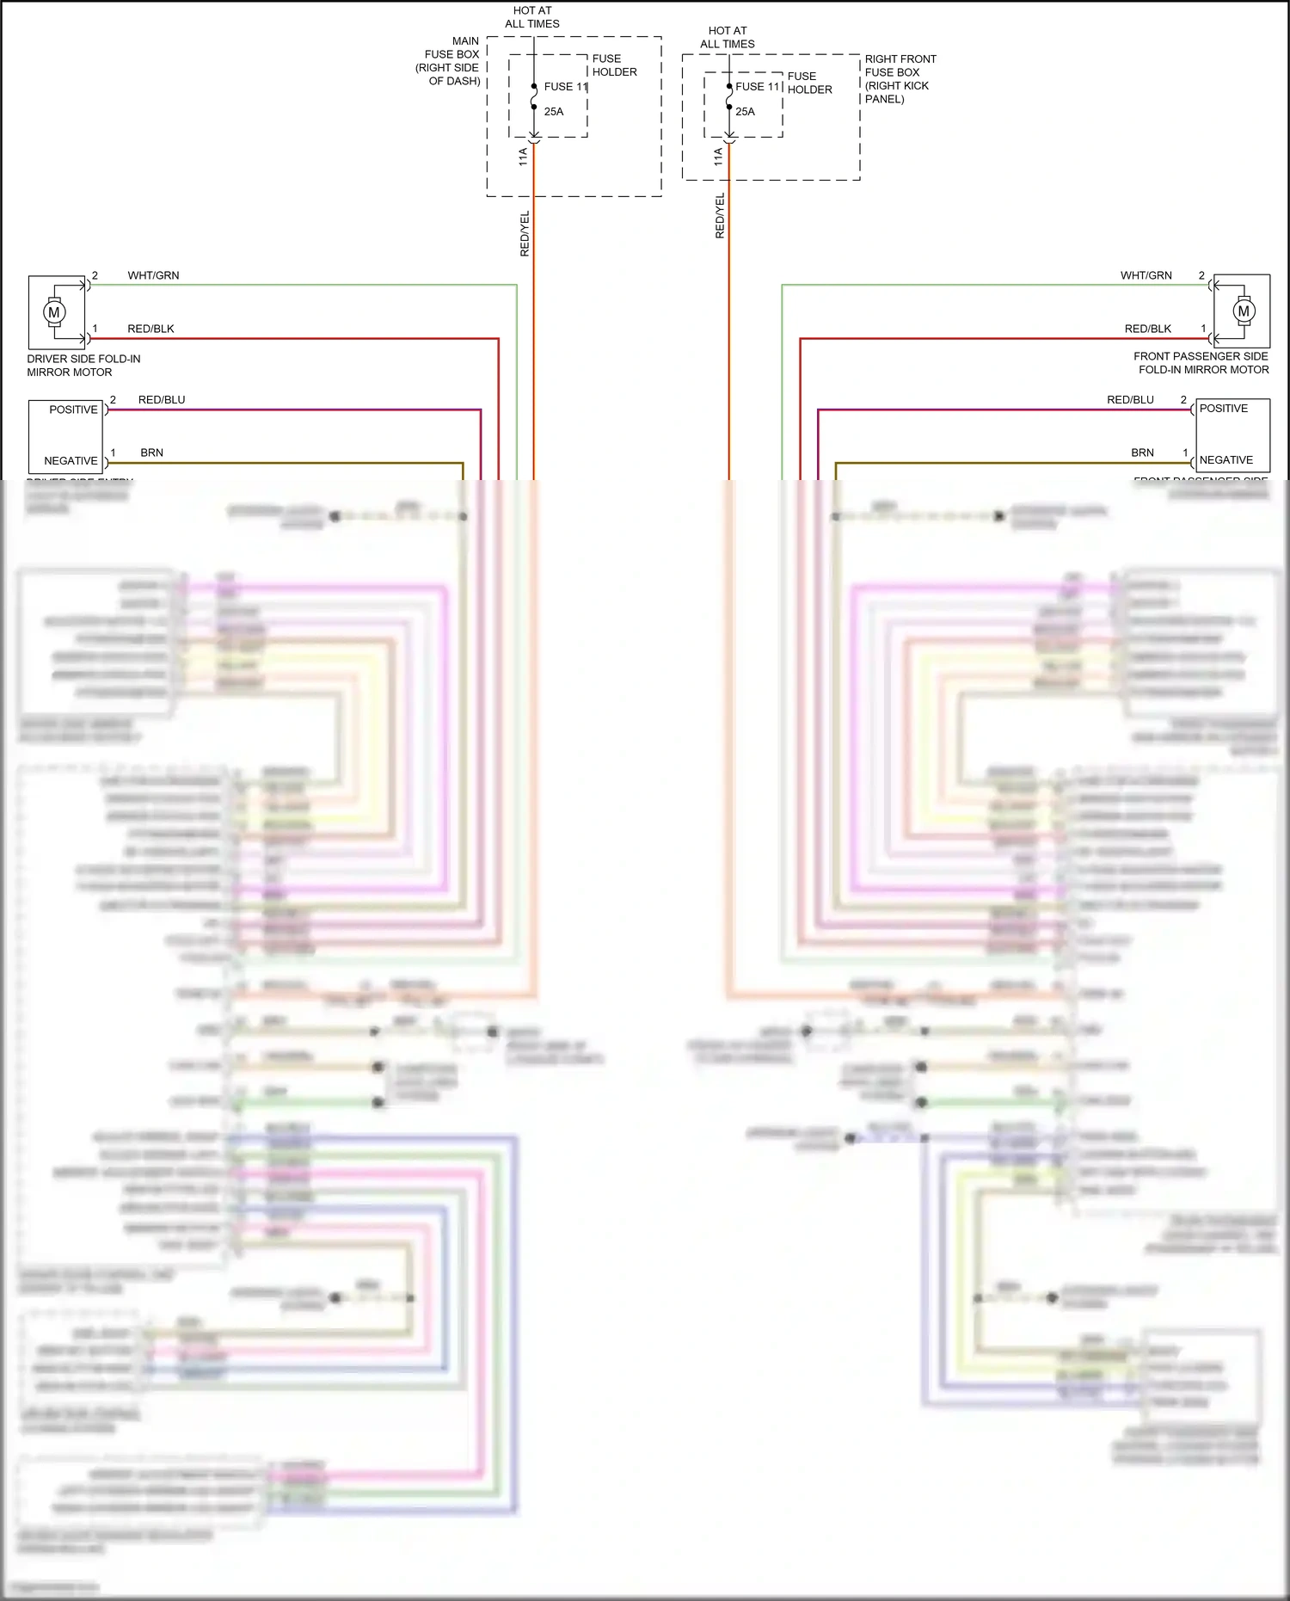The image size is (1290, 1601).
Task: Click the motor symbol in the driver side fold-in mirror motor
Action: click(54, 312)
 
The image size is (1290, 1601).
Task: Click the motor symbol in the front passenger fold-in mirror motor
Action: click(1243, 311)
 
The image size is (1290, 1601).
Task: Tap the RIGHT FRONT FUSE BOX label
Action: click(900, 79)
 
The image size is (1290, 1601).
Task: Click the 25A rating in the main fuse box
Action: click(554, 112)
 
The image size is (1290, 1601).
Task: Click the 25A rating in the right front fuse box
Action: click(745, 112)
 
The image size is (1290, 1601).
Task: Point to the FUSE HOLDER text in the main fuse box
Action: click(614, 65)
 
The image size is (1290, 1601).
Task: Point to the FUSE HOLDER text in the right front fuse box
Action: click(809, 83)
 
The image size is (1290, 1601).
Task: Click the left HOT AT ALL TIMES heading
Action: click(532, 17)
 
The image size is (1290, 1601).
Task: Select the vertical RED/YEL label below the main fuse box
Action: click(525, 233)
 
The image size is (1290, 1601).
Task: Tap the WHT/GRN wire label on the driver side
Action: click(153, 275)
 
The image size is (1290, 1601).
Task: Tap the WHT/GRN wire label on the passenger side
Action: click(1146, 275)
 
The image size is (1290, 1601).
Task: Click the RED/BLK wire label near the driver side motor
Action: click(150, 329)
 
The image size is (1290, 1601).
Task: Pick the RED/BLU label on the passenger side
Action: click(1130, 400)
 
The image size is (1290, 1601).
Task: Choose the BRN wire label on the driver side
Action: click(151, 453)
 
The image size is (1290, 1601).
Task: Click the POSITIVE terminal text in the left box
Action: click(73, 409)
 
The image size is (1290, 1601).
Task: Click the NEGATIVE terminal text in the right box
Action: click(1225, 460)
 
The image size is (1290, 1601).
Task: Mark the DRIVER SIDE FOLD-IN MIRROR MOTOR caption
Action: click(83, 366)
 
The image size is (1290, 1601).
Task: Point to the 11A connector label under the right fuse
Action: click(718, 156)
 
